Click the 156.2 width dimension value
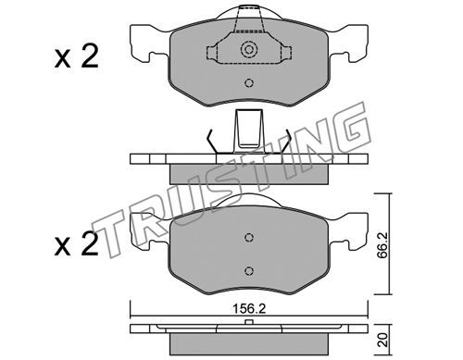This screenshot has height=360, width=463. (x=249, y=309)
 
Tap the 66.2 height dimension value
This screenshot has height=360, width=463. (x=383, y=245)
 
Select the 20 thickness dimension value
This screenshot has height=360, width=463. (x=383, y=340)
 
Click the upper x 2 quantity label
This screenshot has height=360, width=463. (x=76, y=56)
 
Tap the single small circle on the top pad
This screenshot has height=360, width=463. (x=249, y=83)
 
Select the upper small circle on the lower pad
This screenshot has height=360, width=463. (x=249, y=237)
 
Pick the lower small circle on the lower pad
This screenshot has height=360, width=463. (x=249, y=271)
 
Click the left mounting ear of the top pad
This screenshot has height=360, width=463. (x=145, y=43)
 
